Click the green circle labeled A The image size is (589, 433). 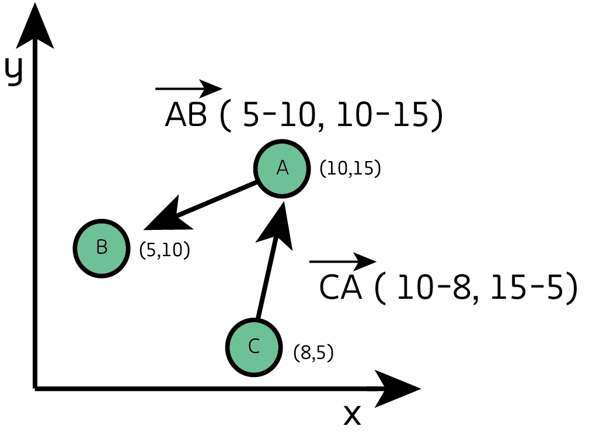pos(283,168)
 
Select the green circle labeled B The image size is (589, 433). pos(102,247)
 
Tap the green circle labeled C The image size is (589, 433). pos(253,347)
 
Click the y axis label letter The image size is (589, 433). pos(14,70)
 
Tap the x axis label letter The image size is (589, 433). pos(352,414)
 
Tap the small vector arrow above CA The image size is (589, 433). pos(343,261)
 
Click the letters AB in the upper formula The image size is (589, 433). pos(186,116)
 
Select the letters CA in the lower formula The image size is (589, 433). pos(340,288)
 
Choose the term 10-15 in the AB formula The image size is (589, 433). pos(383,116)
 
